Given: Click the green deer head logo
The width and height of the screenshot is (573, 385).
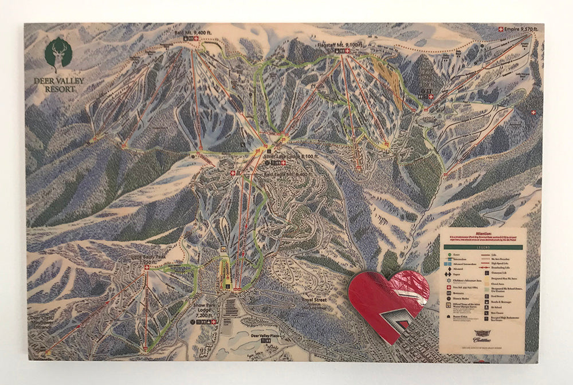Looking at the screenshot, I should (58, 53).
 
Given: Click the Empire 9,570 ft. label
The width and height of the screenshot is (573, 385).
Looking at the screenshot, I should (524, 29).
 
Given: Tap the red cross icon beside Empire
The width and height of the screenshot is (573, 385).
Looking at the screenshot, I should (503, 29).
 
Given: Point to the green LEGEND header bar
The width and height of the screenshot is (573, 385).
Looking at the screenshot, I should (482, 247).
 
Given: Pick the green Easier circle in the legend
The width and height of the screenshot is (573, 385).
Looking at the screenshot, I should (447, 253).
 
